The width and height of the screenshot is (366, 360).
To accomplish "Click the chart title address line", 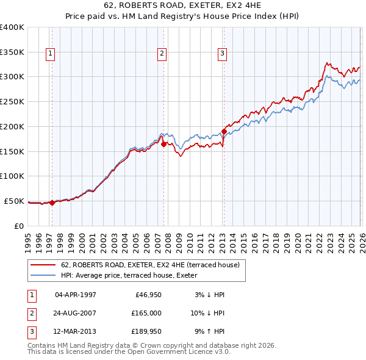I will tap(183, 7).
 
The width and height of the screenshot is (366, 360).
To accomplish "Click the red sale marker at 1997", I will tap(52, 203).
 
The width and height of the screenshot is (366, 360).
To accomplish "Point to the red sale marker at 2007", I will tap(163, 144).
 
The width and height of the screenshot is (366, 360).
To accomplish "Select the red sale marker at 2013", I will tap(224, 131).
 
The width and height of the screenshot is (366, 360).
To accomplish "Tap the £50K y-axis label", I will tap(15, 201).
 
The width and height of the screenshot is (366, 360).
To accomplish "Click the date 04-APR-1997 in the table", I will tap(76, 295).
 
